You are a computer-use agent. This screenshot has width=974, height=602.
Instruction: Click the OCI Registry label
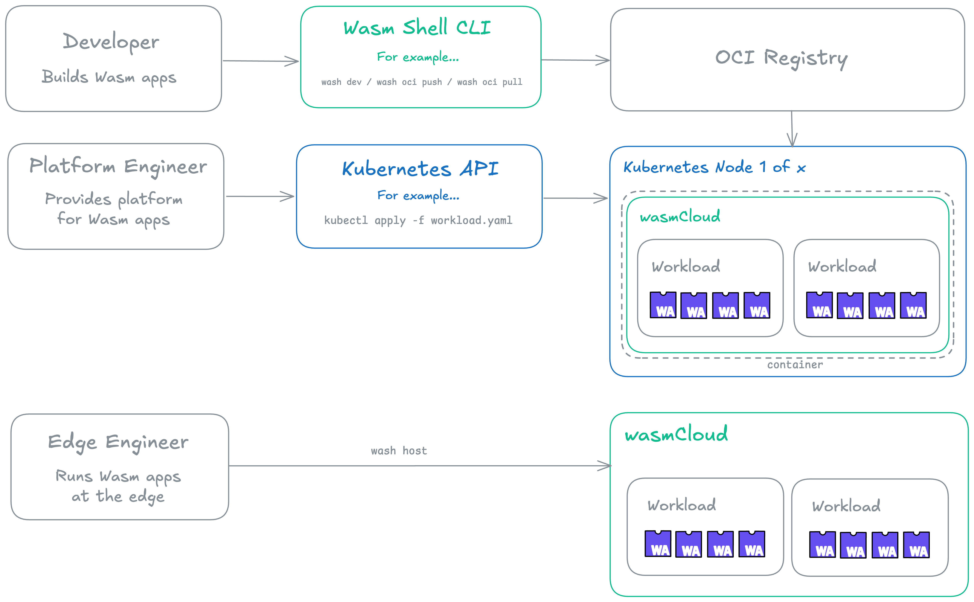click(x=781, y=58)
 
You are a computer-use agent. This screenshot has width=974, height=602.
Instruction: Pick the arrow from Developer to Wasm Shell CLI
click(x=261, y=61)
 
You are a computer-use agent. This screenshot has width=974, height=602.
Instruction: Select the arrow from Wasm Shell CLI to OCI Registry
click(x=575, y=60)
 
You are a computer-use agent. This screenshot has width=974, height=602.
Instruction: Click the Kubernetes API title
click(x=420, y=169)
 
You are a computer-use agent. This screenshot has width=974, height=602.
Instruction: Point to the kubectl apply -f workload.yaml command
click(x=418, y=220)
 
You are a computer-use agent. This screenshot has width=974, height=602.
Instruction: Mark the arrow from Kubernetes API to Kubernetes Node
click(x=575, y=198)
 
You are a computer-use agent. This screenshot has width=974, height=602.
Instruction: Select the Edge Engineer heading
click(x=118, y=442)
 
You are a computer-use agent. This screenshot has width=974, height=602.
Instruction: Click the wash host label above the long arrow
click(x=399, y=451)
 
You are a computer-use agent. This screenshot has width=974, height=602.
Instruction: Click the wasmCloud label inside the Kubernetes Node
click(x=680, y=217)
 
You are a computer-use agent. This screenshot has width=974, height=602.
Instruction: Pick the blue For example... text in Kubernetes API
click(x=418, y=195)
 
